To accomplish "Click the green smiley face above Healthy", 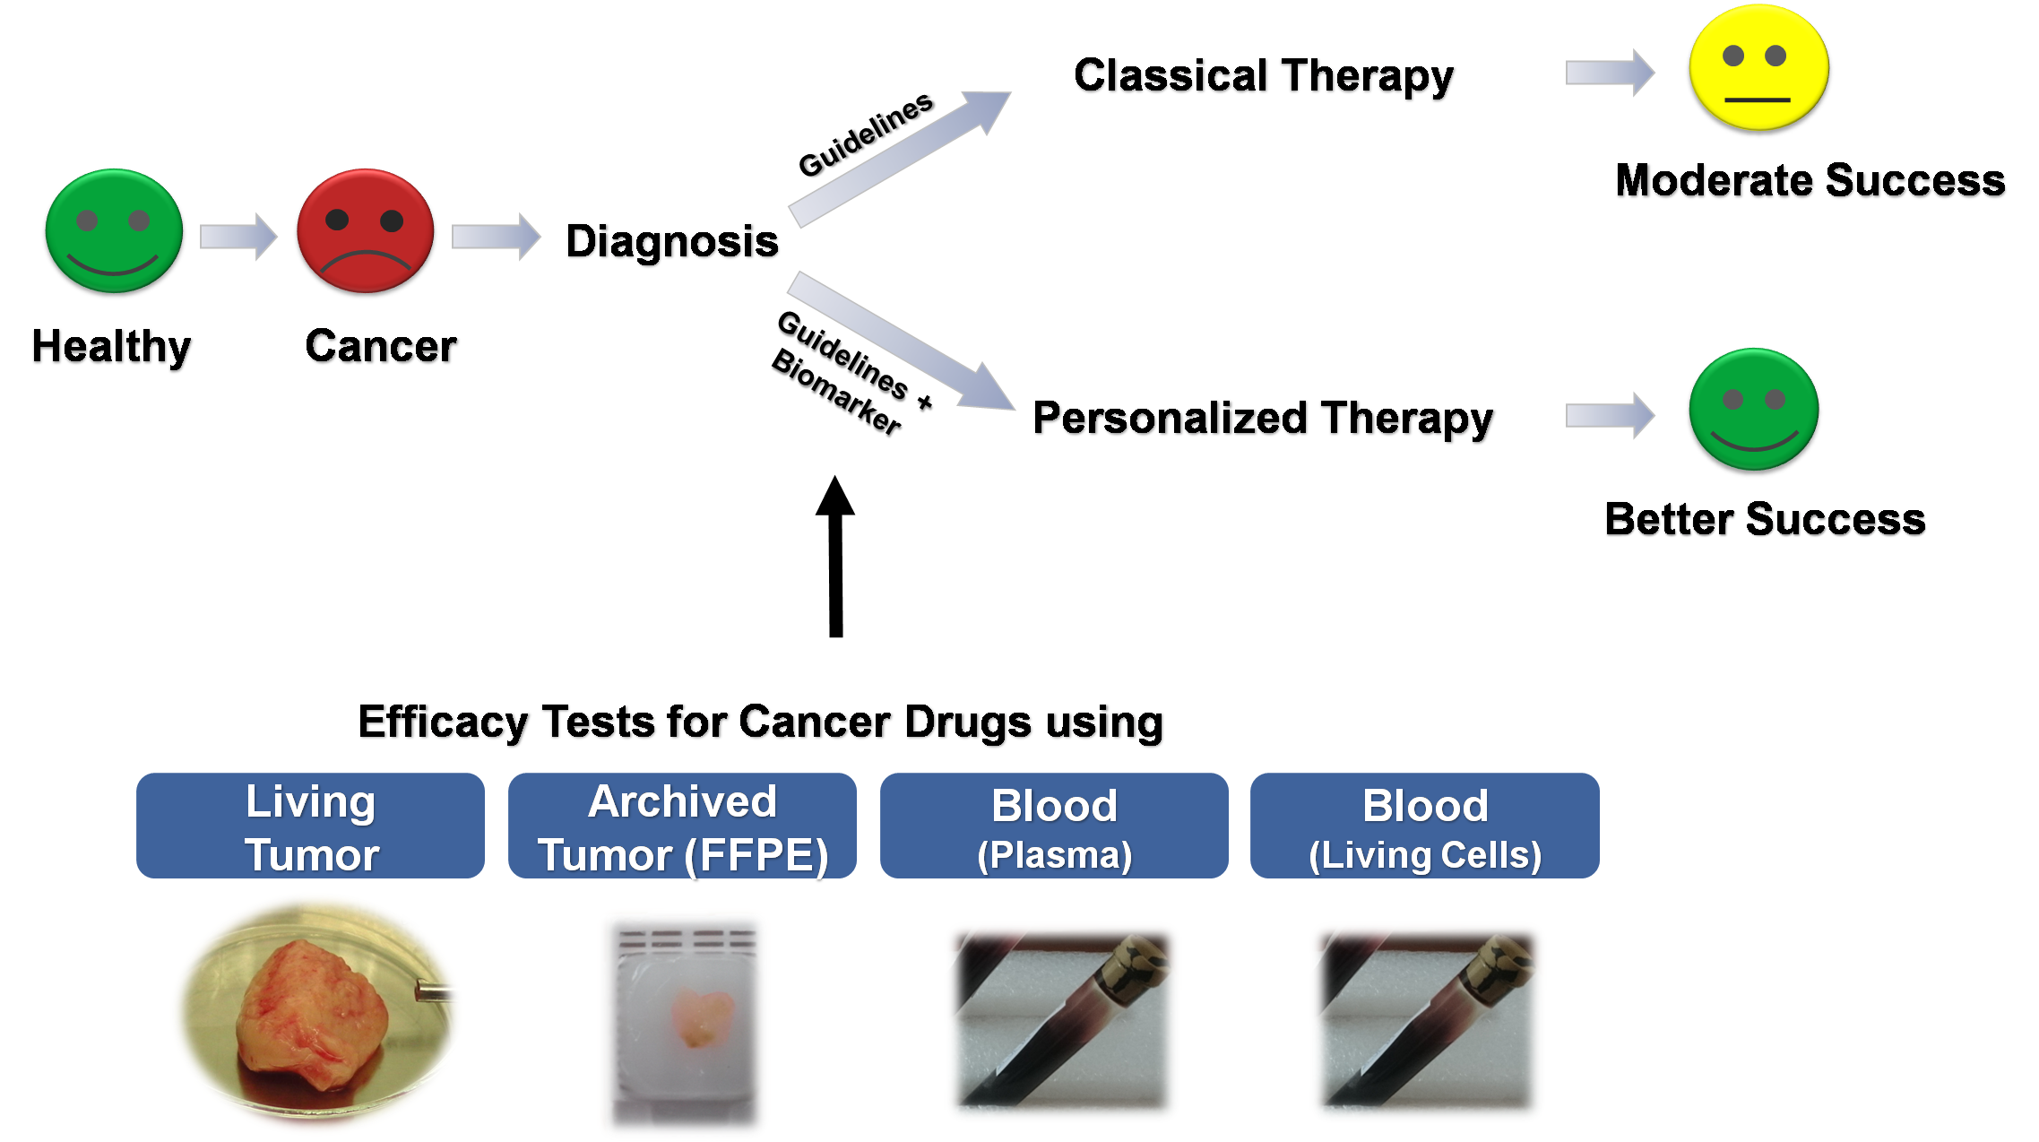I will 114,232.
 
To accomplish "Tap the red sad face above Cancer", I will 366,232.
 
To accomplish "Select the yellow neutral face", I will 1758,70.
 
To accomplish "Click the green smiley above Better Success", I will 1754,411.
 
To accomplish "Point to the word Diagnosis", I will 672,242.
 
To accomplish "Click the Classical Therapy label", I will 1265,77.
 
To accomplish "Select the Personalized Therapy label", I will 1264,420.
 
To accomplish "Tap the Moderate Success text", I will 1810,182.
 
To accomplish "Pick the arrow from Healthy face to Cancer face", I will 238,237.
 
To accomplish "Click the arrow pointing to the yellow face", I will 1610,72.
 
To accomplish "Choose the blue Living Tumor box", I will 310,826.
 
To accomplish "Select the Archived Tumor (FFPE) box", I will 682,826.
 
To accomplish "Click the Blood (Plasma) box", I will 1054,826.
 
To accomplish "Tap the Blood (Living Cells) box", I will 1425,826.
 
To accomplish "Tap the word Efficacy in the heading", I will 444,722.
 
